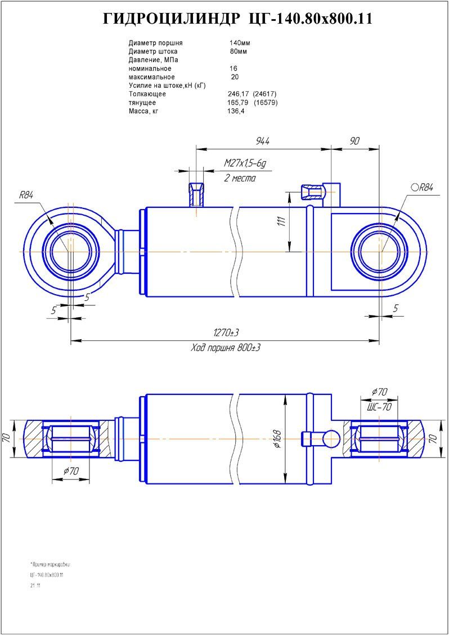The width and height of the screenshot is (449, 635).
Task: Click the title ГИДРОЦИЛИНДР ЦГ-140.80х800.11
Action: (x=237, y=19)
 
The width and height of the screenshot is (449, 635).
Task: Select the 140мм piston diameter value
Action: (x=240, y=43)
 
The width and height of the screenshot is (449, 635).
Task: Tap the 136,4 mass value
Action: (x=236, y=112)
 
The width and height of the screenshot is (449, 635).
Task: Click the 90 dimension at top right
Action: (x=354, y=141)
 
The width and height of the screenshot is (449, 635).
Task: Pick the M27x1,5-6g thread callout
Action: (x=244, y=163)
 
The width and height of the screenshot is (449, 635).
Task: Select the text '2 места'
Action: (x=240, y=178)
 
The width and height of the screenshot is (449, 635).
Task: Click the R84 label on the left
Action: (x=26, y=196)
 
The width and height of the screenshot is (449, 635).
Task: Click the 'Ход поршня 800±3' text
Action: (x=226, y=348)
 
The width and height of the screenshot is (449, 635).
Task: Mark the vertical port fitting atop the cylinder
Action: (x=196, y=194)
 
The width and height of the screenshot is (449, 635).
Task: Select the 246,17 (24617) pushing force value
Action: (x=252, y=94)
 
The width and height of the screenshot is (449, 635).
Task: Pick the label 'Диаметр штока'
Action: (x=153, y=51)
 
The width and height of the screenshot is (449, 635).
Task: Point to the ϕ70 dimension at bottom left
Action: (x=70, y=471)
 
